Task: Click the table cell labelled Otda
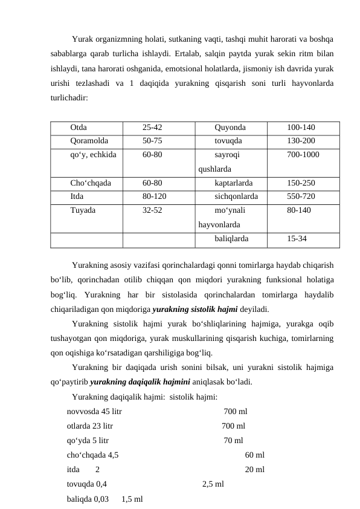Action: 78,128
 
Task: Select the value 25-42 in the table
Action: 152,128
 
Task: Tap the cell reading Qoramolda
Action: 89,141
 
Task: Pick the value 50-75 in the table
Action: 152,141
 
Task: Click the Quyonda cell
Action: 230,128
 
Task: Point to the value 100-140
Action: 300,128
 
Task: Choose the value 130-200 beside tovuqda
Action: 300,141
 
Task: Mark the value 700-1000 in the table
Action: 303,155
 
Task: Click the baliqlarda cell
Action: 231,238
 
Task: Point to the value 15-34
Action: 297,238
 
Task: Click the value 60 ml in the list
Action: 254,455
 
